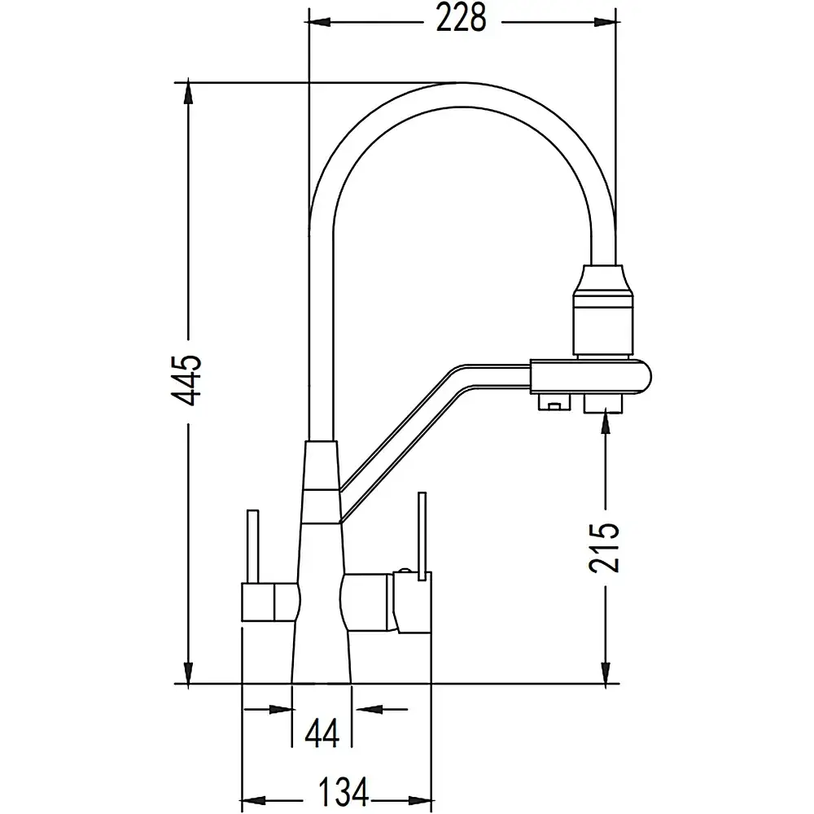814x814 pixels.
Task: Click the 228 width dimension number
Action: click(x=461, y=20)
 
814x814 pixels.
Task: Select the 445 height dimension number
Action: click(x=186, y=381)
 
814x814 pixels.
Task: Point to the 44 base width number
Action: click(x=322, y=733)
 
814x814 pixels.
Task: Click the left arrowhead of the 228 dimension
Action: click(x=317, y=22)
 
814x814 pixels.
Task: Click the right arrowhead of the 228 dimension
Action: click(x=606, y=22)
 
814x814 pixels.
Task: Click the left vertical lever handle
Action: click(x=253, y=547)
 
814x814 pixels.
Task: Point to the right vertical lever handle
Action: click(x=422, y=535)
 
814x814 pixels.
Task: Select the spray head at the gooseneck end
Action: click(x=602, y=311)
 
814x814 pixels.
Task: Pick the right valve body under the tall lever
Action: click(x=413, y=602)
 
